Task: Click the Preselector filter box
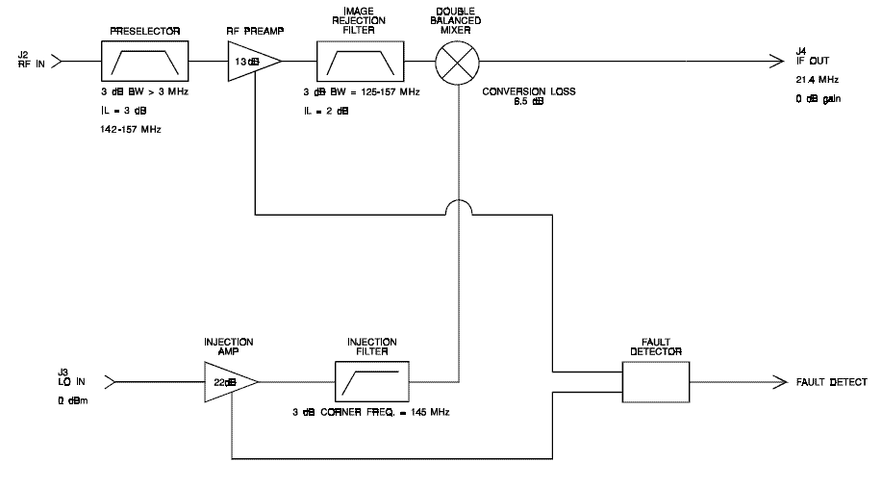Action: [144, 61]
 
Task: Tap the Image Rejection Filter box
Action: [360, 61]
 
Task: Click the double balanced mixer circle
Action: [457, 62]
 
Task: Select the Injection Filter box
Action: [372, 381]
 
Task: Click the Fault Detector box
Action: [655, 382]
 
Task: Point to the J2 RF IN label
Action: [31, 60]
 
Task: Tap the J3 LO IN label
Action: [71, 377]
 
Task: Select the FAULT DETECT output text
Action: [831, 382]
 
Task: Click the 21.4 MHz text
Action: [817, 80]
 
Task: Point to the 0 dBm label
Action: [72, 400]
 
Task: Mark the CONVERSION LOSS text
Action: [529, 91]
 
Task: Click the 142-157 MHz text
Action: [131, 129]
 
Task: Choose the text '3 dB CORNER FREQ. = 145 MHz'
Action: [370, 412]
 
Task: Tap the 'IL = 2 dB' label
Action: [326, 111]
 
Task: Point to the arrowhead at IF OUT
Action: [777, 61]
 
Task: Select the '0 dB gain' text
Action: [818, 99]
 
